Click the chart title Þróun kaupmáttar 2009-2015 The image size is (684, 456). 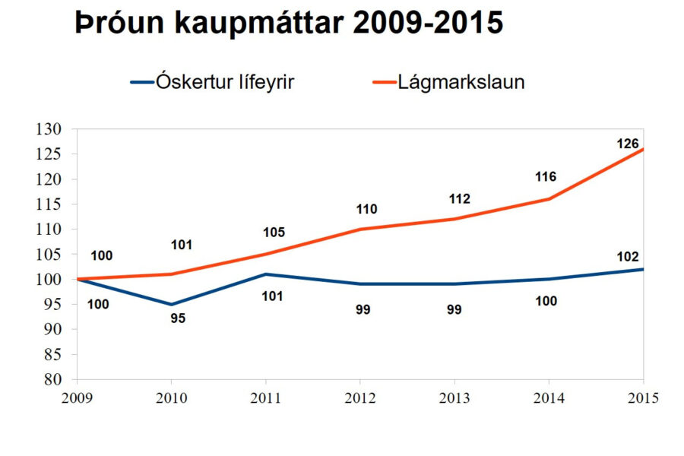[289, 24]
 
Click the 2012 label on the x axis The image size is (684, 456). [359, 397]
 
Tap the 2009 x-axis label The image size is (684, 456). [77, 397]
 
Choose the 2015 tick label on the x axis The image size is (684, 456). [643, 397]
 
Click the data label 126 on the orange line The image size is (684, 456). [628, 144]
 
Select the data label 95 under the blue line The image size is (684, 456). [177, 318]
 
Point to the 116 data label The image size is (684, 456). [545, 177]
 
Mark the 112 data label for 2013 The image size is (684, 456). [458, 199]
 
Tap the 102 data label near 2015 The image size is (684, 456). [628, 256]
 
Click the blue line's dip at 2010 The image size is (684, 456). [171, 304]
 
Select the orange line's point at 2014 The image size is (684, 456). [549, 199]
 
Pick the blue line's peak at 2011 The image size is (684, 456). [265, 274]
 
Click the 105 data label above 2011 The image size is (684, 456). [273, 233]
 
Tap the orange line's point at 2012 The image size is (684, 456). [359, 229]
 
